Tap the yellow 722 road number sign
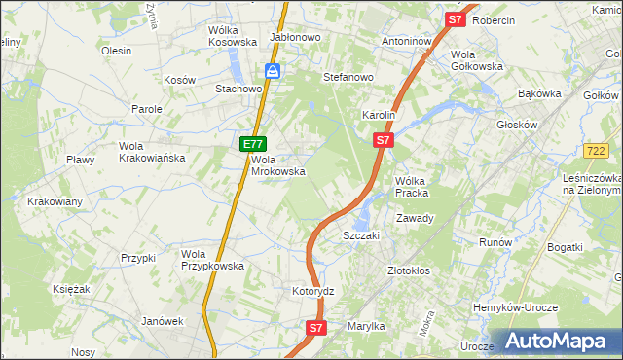point(597,150)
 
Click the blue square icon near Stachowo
point(274,71)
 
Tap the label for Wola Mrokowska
point(279,165)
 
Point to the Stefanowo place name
point(348,76)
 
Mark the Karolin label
point(379,115)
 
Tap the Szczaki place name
point(360,235)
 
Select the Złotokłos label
point(409,270)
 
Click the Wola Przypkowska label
point(206,260)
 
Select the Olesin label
point(116,51)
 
